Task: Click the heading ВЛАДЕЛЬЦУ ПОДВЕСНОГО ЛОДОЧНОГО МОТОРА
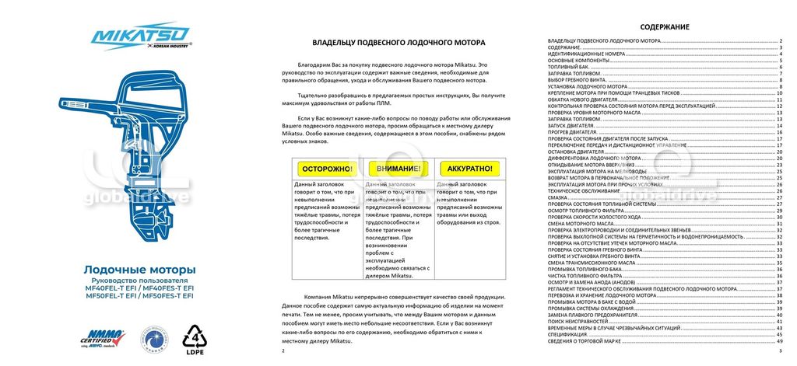point(398,43)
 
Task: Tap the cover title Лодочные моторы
point(139,269)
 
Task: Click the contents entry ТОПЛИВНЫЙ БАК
point(571,67)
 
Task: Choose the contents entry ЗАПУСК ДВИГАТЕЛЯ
point(572,125)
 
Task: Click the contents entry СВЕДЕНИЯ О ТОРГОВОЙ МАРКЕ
point(585,342)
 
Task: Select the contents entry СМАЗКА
point(558,197)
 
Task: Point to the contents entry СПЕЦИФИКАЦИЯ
point(570,335)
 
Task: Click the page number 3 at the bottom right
point(779,352)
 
